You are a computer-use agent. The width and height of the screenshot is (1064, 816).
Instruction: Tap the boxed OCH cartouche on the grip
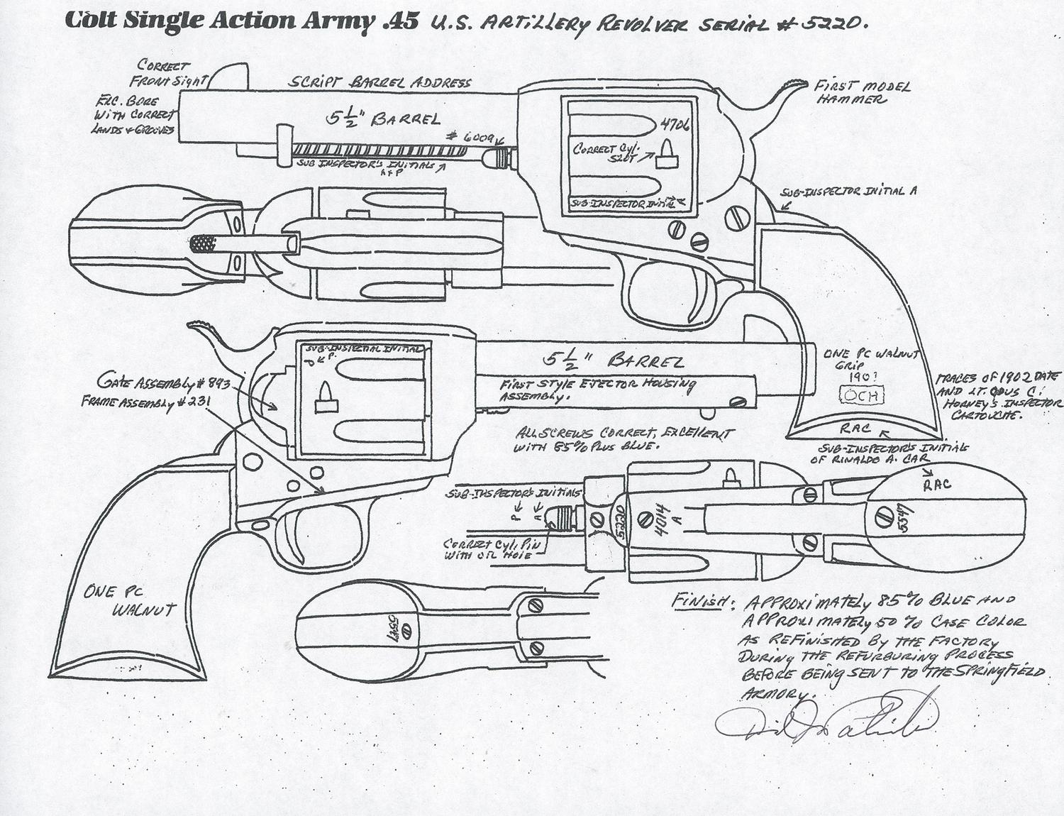[862, 395]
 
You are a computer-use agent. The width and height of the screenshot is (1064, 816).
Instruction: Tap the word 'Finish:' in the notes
[698, 601]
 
